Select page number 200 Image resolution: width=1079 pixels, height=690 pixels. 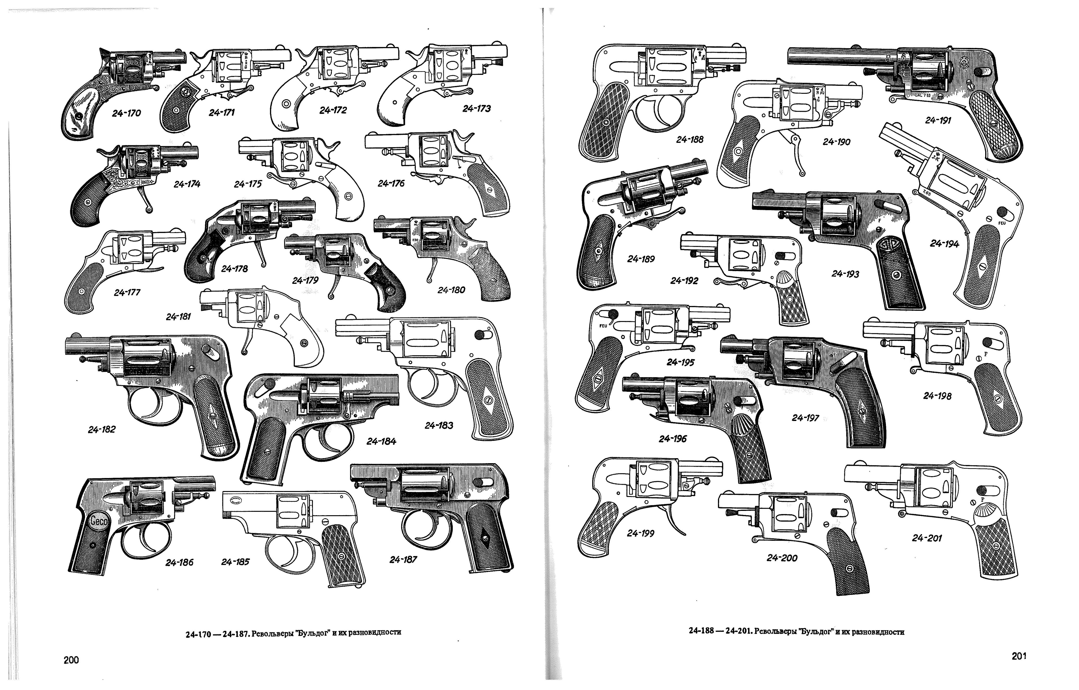point(71,660)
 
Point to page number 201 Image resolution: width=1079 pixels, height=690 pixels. point(1019,656)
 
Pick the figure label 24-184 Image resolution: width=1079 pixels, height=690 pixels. point(381,441)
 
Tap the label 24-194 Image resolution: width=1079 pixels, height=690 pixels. point(944,244)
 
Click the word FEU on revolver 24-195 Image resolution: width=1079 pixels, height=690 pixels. point(603,326)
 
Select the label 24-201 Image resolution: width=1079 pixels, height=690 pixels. point(927,538)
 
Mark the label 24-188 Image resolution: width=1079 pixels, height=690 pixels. point(690,139)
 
